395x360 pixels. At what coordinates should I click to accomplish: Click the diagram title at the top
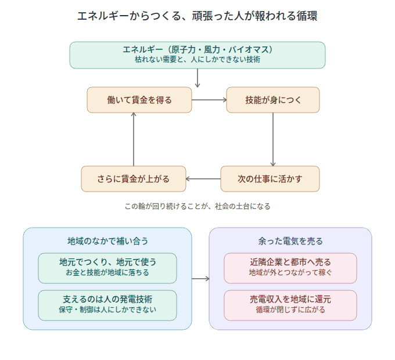(198, 16)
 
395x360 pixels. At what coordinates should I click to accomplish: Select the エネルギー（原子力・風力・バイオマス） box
(198, 55)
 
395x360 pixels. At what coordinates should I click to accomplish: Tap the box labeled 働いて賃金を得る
(139, 100)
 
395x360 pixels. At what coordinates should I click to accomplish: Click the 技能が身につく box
(273, 100)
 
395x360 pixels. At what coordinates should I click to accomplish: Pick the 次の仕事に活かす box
(270, 179)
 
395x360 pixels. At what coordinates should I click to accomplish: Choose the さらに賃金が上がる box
(134, 179)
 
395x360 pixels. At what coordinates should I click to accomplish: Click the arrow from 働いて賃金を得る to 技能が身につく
(209, 100)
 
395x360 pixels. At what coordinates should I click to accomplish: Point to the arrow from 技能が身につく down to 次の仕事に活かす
(273, 139)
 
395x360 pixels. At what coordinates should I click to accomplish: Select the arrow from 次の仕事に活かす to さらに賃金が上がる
(203, 179)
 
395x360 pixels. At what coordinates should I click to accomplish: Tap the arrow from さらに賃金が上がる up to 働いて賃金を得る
(134, 139)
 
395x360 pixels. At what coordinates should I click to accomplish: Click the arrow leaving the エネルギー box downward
(198, 78)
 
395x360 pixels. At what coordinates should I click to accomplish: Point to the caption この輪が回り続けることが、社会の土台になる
(198, 207)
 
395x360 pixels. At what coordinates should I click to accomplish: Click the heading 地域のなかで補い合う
(107, 241)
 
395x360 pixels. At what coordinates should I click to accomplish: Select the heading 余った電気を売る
(290, 241)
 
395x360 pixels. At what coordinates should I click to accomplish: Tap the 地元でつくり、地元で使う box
(107, 268)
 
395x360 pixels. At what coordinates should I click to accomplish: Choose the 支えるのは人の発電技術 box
(107, 305)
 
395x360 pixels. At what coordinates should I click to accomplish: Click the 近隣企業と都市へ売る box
(290, 268)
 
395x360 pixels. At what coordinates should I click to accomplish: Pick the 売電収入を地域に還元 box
(290, 305)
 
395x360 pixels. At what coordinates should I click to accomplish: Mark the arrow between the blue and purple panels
(200, 279)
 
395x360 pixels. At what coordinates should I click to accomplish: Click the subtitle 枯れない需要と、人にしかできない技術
(198, 59)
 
